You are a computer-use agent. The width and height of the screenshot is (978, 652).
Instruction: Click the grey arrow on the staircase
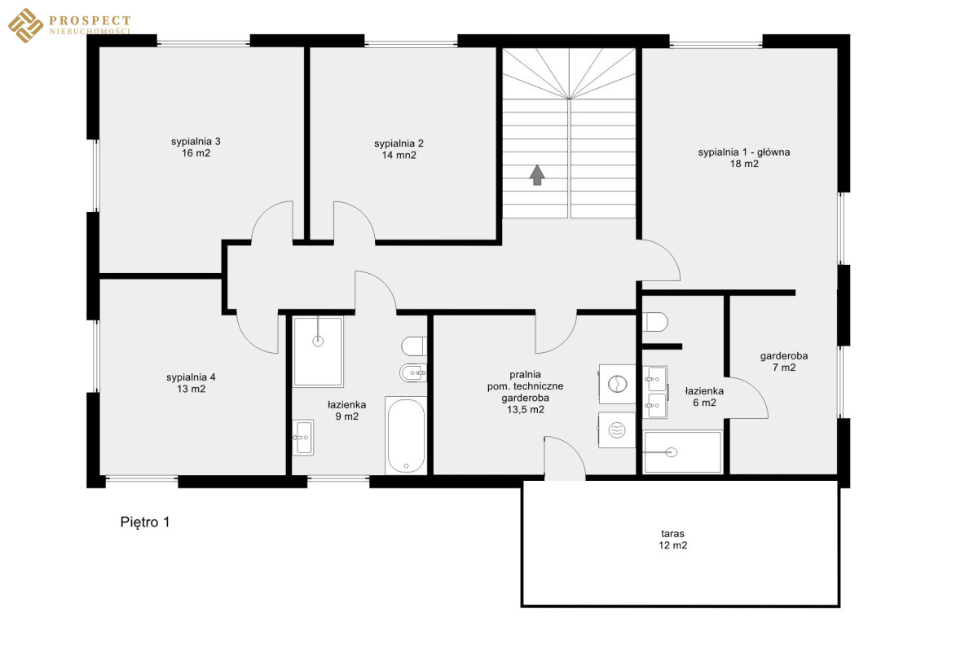tap(537, 174)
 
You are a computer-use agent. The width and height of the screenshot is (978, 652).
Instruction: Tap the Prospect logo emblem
tap(26, 25)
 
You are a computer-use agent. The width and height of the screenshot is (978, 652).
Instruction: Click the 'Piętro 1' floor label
tap(145, 522)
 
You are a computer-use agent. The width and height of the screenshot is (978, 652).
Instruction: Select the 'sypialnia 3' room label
tap(196, 142)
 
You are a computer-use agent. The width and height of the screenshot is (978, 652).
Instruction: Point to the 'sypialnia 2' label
tap(399, 143)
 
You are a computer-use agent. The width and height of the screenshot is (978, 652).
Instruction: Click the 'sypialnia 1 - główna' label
tap(744, 152)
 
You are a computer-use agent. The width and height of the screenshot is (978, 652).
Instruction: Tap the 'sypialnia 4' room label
tap(191, 377)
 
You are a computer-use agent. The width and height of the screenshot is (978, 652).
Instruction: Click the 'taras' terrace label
tap(672, 533)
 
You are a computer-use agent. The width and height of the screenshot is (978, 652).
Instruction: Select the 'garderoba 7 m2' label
tap(784, 362)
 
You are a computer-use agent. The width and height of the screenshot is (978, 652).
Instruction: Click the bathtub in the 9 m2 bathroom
tap(406, 435)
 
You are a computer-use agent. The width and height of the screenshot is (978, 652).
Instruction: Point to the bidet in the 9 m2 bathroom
tap(413, 372)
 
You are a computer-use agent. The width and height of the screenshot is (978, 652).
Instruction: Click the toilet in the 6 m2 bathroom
tap(655, 322)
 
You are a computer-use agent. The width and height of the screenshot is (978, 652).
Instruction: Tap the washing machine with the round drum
tap(617, 385)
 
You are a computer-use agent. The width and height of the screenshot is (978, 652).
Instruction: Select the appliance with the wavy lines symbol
tap(616, 430)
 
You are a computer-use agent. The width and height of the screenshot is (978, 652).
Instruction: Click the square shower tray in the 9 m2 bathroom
tap(318, 352)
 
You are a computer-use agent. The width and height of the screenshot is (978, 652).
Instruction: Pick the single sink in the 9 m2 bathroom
tap(303, 438)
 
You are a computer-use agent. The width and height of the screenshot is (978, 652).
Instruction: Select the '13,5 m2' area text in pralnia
tap(525, 410)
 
